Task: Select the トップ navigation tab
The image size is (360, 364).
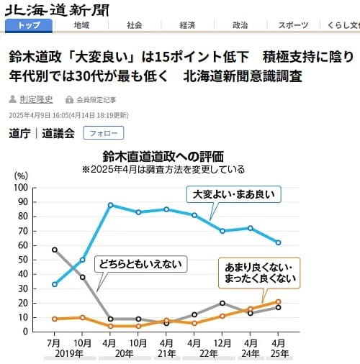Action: coord(28,25)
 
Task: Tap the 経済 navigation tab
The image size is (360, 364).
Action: coord(187,25)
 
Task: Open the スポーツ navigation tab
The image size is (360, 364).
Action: coord(293,25)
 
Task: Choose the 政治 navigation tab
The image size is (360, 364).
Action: coord(240,25)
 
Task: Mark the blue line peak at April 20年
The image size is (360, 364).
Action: coord(111,205)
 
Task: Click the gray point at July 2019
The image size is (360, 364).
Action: coord(55,250)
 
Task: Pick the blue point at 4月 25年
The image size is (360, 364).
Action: coord(278,242)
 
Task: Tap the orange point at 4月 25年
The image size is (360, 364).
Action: coord(278,301)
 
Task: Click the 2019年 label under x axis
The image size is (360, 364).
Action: coord(69,354)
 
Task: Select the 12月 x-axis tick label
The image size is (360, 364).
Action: coord(222,343)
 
